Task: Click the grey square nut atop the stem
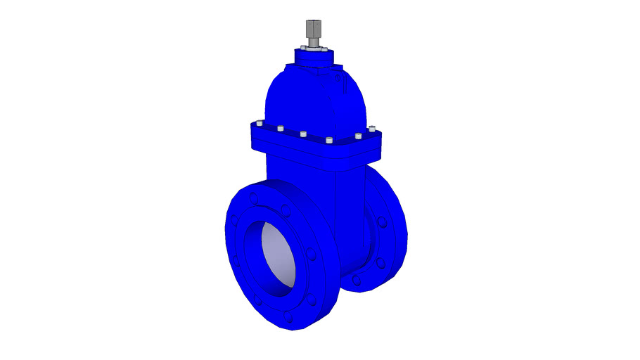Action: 312,30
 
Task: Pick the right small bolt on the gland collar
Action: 328,50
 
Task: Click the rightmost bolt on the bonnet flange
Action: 371,129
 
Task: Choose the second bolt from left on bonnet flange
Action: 280,129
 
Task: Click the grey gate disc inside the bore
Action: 277,258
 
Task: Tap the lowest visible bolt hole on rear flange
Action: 357,280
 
